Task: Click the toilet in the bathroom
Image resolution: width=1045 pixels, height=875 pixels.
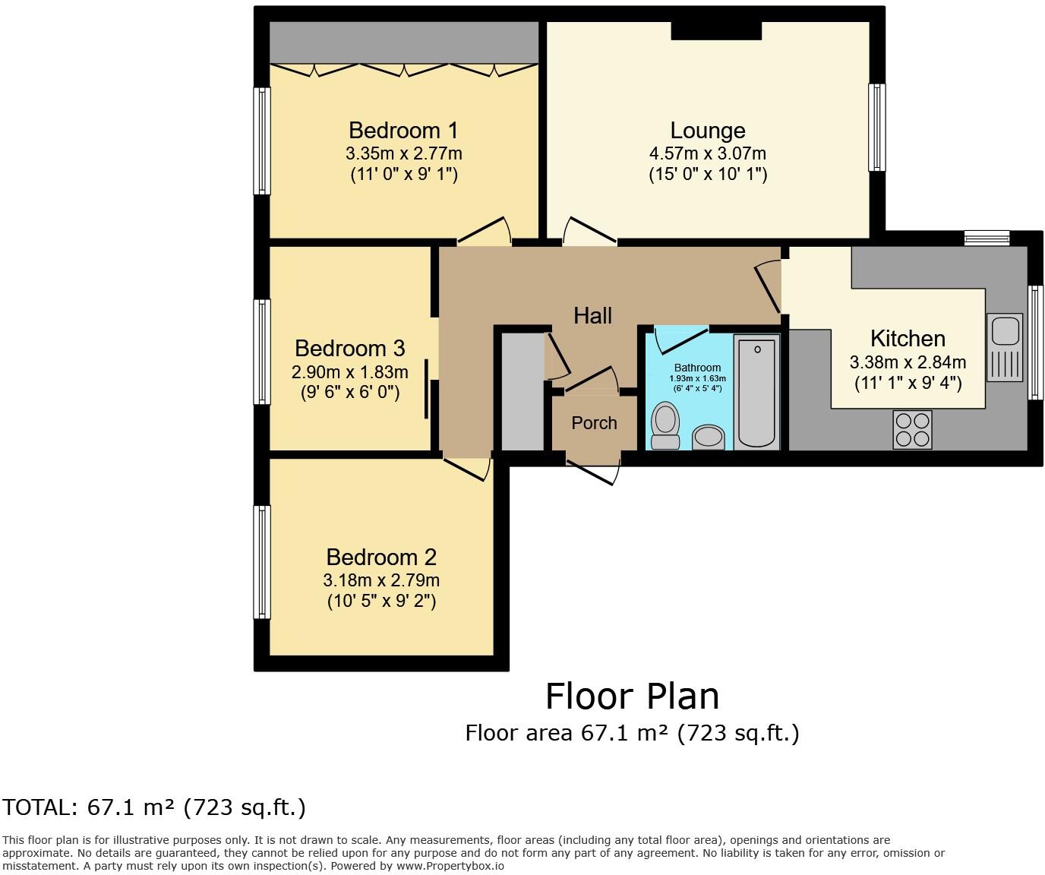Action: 666,425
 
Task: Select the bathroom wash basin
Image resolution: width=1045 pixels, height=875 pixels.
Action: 709,437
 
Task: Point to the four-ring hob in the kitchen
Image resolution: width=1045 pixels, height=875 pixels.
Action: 912,430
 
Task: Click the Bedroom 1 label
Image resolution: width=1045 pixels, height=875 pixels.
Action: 403,130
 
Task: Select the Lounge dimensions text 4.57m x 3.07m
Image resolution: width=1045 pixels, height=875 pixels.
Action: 707,153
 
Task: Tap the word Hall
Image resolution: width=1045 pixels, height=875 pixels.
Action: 592,315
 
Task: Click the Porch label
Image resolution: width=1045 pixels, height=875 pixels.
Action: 594,423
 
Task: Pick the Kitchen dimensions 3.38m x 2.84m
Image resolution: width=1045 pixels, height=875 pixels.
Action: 908,362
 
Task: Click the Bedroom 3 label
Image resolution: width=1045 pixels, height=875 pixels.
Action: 349,349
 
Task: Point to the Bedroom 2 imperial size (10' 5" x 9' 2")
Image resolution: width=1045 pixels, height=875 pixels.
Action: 381,602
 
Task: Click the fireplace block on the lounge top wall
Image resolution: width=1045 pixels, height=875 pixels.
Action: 716,30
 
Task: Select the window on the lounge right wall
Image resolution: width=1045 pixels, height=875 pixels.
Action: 877,127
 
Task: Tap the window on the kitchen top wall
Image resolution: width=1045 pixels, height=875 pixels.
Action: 987,238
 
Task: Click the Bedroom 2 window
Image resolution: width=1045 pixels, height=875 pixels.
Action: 262,561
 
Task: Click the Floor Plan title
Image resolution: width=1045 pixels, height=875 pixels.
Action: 632,696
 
